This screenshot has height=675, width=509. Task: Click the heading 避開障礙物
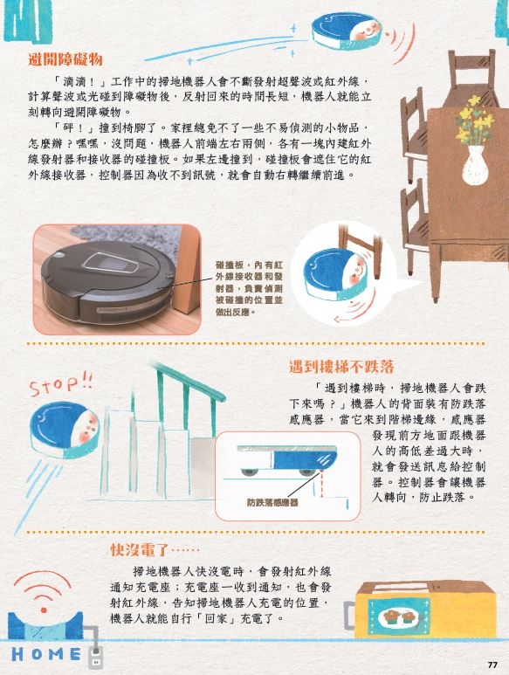[x=65, y=59]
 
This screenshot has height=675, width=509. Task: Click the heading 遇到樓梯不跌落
[x=341, y=367]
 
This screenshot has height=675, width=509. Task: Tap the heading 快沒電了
[x=141, y=550]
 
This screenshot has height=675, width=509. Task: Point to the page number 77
[x=492, y=665]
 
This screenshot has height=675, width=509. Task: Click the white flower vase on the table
[x=475, y=165]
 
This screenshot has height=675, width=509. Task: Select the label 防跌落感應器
[x=272, y=502]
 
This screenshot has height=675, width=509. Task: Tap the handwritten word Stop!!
[x=60, y=384]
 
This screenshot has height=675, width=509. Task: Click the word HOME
[x=46, y=654]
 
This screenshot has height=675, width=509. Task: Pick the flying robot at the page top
[x=347, y=31]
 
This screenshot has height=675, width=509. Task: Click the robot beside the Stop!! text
[x=65, y=430]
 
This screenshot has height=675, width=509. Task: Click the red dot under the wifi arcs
[x=44, y=610]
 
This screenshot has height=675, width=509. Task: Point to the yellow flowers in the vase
[x=475, y=121]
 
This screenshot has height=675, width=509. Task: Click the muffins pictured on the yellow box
[x=400, y=616]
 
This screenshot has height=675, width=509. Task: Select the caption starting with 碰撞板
[x=249, y=288]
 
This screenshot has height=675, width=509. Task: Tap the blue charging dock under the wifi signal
[x=45, y=625]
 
